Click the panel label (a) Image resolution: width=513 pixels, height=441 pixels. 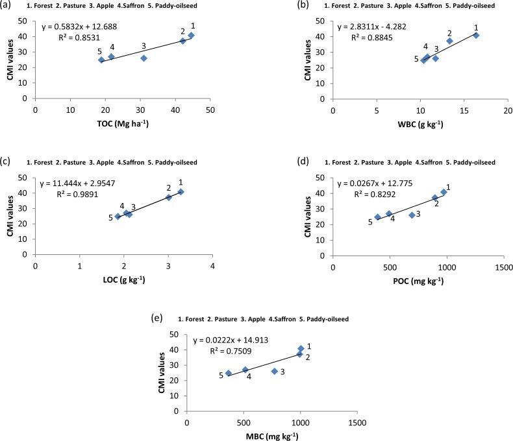click(8, 6)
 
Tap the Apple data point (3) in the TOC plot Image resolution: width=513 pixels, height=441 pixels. click(144, 58)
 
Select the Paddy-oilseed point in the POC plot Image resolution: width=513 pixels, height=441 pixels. click(377, 217)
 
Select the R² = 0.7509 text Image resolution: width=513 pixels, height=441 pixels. click(232, 351)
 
